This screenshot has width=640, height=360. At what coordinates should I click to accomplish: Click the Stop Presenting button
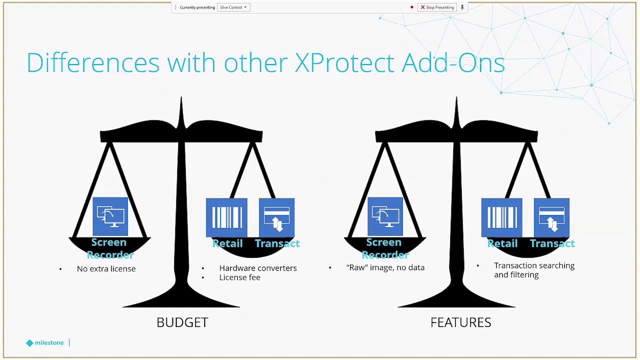tap(437, 7)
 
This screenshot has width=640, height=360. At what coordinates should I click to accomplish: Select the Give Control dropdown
tap(233, 7)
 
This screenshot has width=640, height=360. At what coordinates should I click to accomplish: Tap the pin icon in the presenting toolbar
tap(462, 7)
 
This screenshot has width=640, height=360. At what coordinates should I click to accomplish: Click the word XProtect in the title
tap(344, 62)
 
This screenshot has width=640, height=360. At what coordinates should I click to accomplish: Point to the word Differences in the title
tap(93, 62)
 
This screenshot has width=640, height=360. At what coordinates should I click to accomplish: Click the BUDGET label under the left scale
tap(182, 322)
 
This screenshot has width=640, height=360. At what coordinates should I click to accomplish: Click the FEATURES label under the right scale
tap(461, 322)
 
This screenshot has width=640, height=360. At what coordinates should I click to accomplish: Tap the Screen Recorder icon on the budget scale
tap(110, 216)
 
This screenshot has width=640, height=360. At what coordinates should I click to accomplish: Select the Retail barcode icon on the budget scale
tap(226, 217)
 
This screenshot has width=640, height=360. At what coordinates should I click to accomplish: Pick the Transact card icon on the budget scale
tap(276, 217)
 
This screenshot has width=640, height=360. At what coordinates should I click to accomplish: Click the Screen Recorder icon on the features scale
tap(385, 216)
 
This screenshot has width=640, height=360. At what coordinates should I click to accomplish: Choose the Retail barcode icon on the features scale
tap(501, 217)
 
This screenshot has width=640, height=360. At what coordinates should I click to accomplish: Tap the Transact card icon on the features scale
tap(551, 217)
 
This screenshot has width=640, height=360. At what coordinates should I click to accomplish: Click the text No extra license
tap(106, 269)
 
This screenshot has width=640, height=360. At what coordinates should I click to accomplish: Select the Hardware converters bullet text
tap(258, 268)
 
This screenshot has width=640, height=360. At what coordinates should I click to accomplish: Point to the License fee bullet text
tap(239, 277)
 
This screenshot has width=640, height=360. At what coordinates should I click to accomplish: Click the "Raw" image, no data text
tap(385, 267)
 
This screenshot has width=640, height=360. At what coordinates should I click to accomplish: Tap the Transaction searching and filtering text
tap(534, 270)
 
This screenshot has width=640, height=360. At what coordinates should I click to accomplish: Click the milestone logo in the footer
tap(45, 342)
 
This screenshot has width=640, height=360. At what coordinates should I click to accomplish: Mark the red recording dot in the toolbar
tap(411, 7)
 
